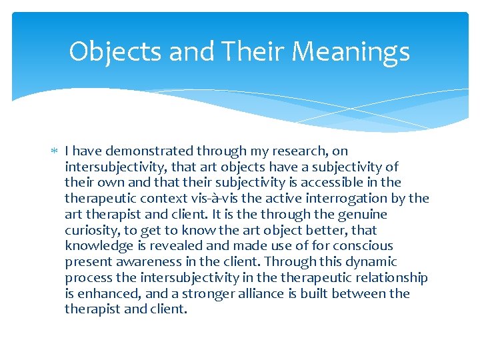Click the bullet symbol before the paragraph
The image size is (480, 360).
pos(55,151)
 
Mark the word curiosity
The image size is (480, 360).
pos(91,230)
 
